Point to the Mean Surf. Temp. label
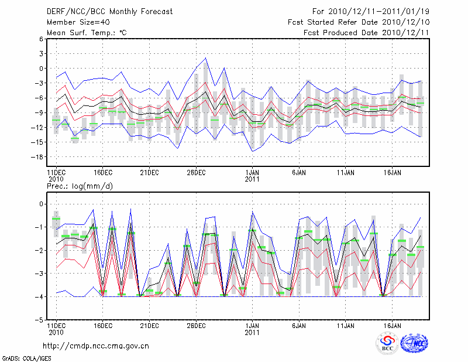click(x=87, y=32)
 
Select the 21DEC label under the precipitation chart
click(x=149, y=325)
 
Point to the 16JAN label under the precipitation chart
click(x=393, y=325)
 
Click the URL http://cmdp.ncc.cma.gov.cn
click(x=97, y=346)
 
